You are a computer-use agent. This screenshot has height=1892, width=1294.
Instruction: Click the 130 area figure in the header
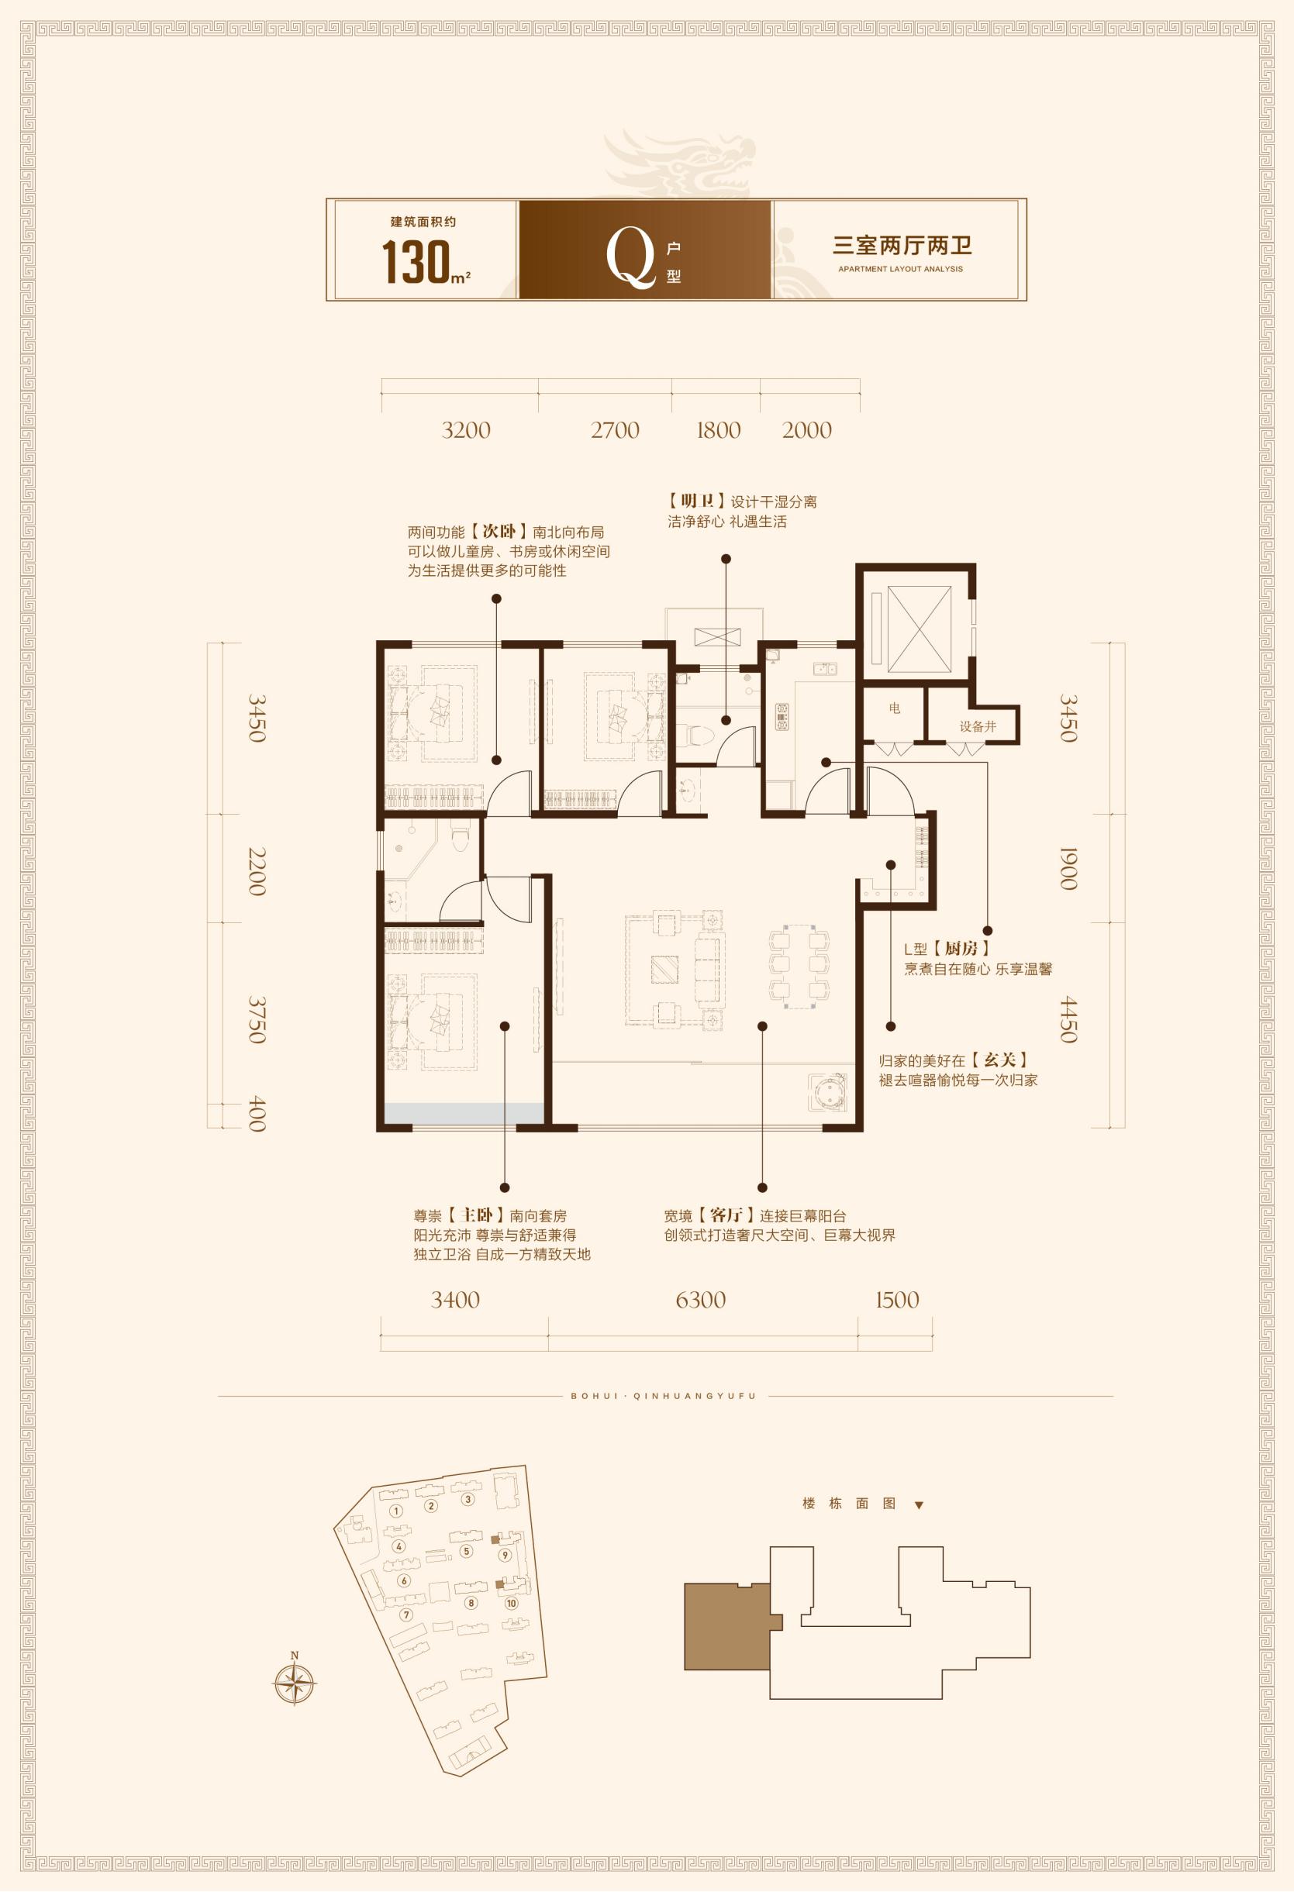tap(416, 260)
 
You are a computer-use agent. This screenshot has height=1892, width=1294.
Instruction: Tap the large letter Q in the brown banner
tap(630, 256)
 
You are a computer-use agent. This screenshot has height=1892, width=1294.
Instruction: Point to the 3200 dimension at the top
tap(466, 430)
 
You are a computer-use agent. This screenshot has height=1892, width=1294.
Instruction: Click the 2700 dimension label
tap(615, 430)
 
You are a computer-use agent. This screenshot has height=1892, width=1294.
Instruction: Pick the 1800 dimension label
tap(718, 430)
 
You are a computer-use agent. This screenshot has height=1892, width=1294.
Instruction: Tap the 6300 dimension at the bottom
tap(700, 1299)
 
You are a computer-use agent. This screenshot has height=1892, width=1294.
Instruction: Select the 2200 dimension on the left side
tap(257, 872)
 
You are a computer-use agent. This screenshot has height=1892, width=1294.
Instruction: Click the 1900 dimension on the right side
tap(1068, 869)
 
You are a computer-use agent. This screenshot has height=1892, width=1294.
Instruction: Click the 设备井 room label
tap(977, 726)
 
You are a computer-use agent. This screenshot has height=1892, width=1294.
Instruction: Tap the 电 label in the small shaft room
tap(895, 708)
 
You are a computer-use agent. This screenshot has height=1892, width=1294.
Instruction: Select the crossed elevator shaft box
tap(919, 629)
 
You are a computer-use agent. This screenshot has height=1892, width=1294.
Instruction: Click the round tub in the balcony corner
tap(827, 1093)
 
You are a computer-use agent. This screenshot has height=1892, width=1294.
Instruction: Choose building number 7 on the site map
tap(406, 1615)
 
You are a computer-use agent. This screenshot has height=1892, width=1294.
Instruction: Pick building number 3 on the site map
tap(468, 1499)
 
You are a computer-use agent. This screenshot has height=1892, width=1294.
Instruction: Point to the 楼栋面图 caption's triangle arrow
tap(919, 1505)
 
